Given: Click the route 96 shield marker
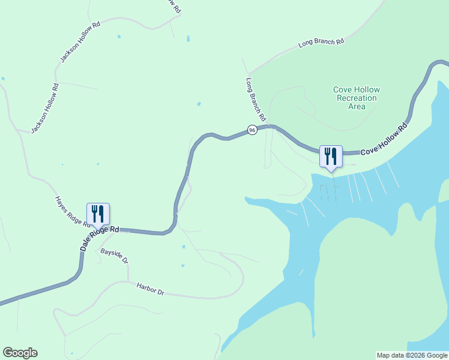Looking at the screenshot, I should coord(252,130).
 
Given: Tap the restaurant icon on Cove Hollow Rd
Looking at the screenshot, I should coord(331,157).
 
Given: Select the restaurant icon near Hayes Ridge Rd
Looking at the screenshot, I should coord(98,214).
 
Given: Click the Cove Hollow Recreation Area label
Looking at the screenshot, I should coord(357,98).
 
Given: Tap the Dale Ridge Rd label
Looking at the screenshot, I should coord(100,238).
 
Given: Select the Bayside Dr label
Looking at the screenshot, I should coord(114,256).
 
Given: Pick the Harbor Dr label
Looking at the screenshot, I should coord(150,289).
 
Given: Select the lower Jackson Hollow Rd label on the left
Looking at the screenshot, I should coord(45,108).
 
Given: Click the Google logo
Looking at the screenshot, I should coord(20,353).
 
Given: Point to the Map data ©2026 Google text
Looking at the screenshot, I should coord(412,355).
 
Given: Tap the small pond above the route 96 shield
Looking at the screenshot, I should coord(199,104).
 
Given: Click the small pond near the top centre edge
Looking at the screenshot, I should coord(188,39).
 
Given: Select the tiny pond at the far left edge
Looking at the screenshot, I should coord(3,79).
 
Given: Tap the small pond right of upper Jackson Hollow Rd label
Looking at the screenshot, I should coord(119,37).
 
